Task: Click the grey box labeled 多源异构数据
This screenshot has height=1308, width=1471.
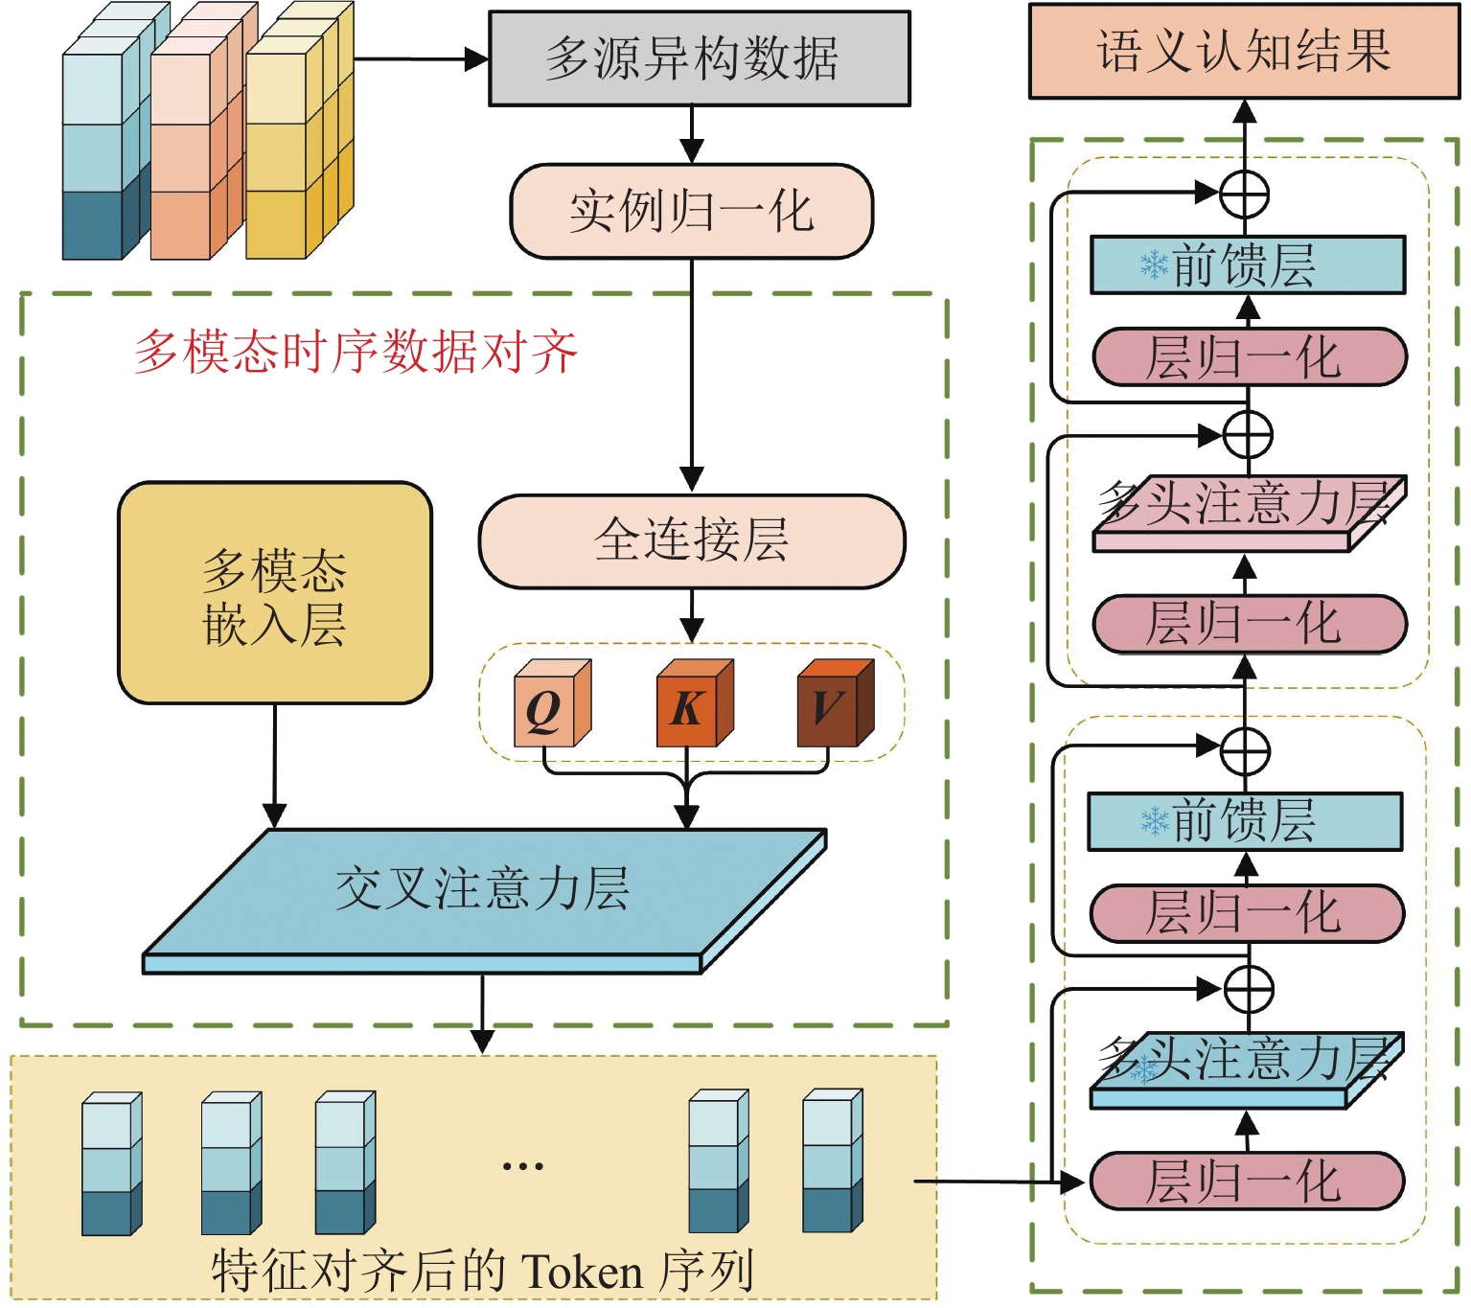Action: pos(699,58)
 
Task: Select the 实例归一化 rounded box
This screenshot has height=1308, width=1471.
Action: pos(692,212)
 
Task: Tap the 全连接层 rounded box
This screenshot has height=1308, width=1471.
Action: pos(692,541)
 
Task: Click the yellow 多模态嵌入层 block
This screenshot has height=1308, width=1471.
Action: pos(275,594)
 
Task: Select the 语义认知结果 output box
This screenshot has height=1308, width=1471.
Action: pos(1244,51)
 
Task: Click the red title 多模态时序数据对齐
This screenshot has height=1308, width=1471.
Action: pos(356,352)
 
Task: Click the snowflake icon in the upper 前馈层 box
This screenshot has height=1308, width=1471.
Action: pos(1154,264)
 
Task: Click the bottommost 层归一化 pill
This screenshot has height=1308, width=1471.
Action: pos(1246,1182)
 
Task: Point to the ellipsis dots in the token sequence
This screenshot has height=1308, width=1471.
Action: pos(522,1166)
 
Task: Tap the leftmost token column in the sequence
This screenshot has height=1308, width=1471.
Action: pos(111,1164)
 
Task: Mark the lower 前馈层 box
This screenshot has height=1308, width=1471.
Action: pos(1245,822)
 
